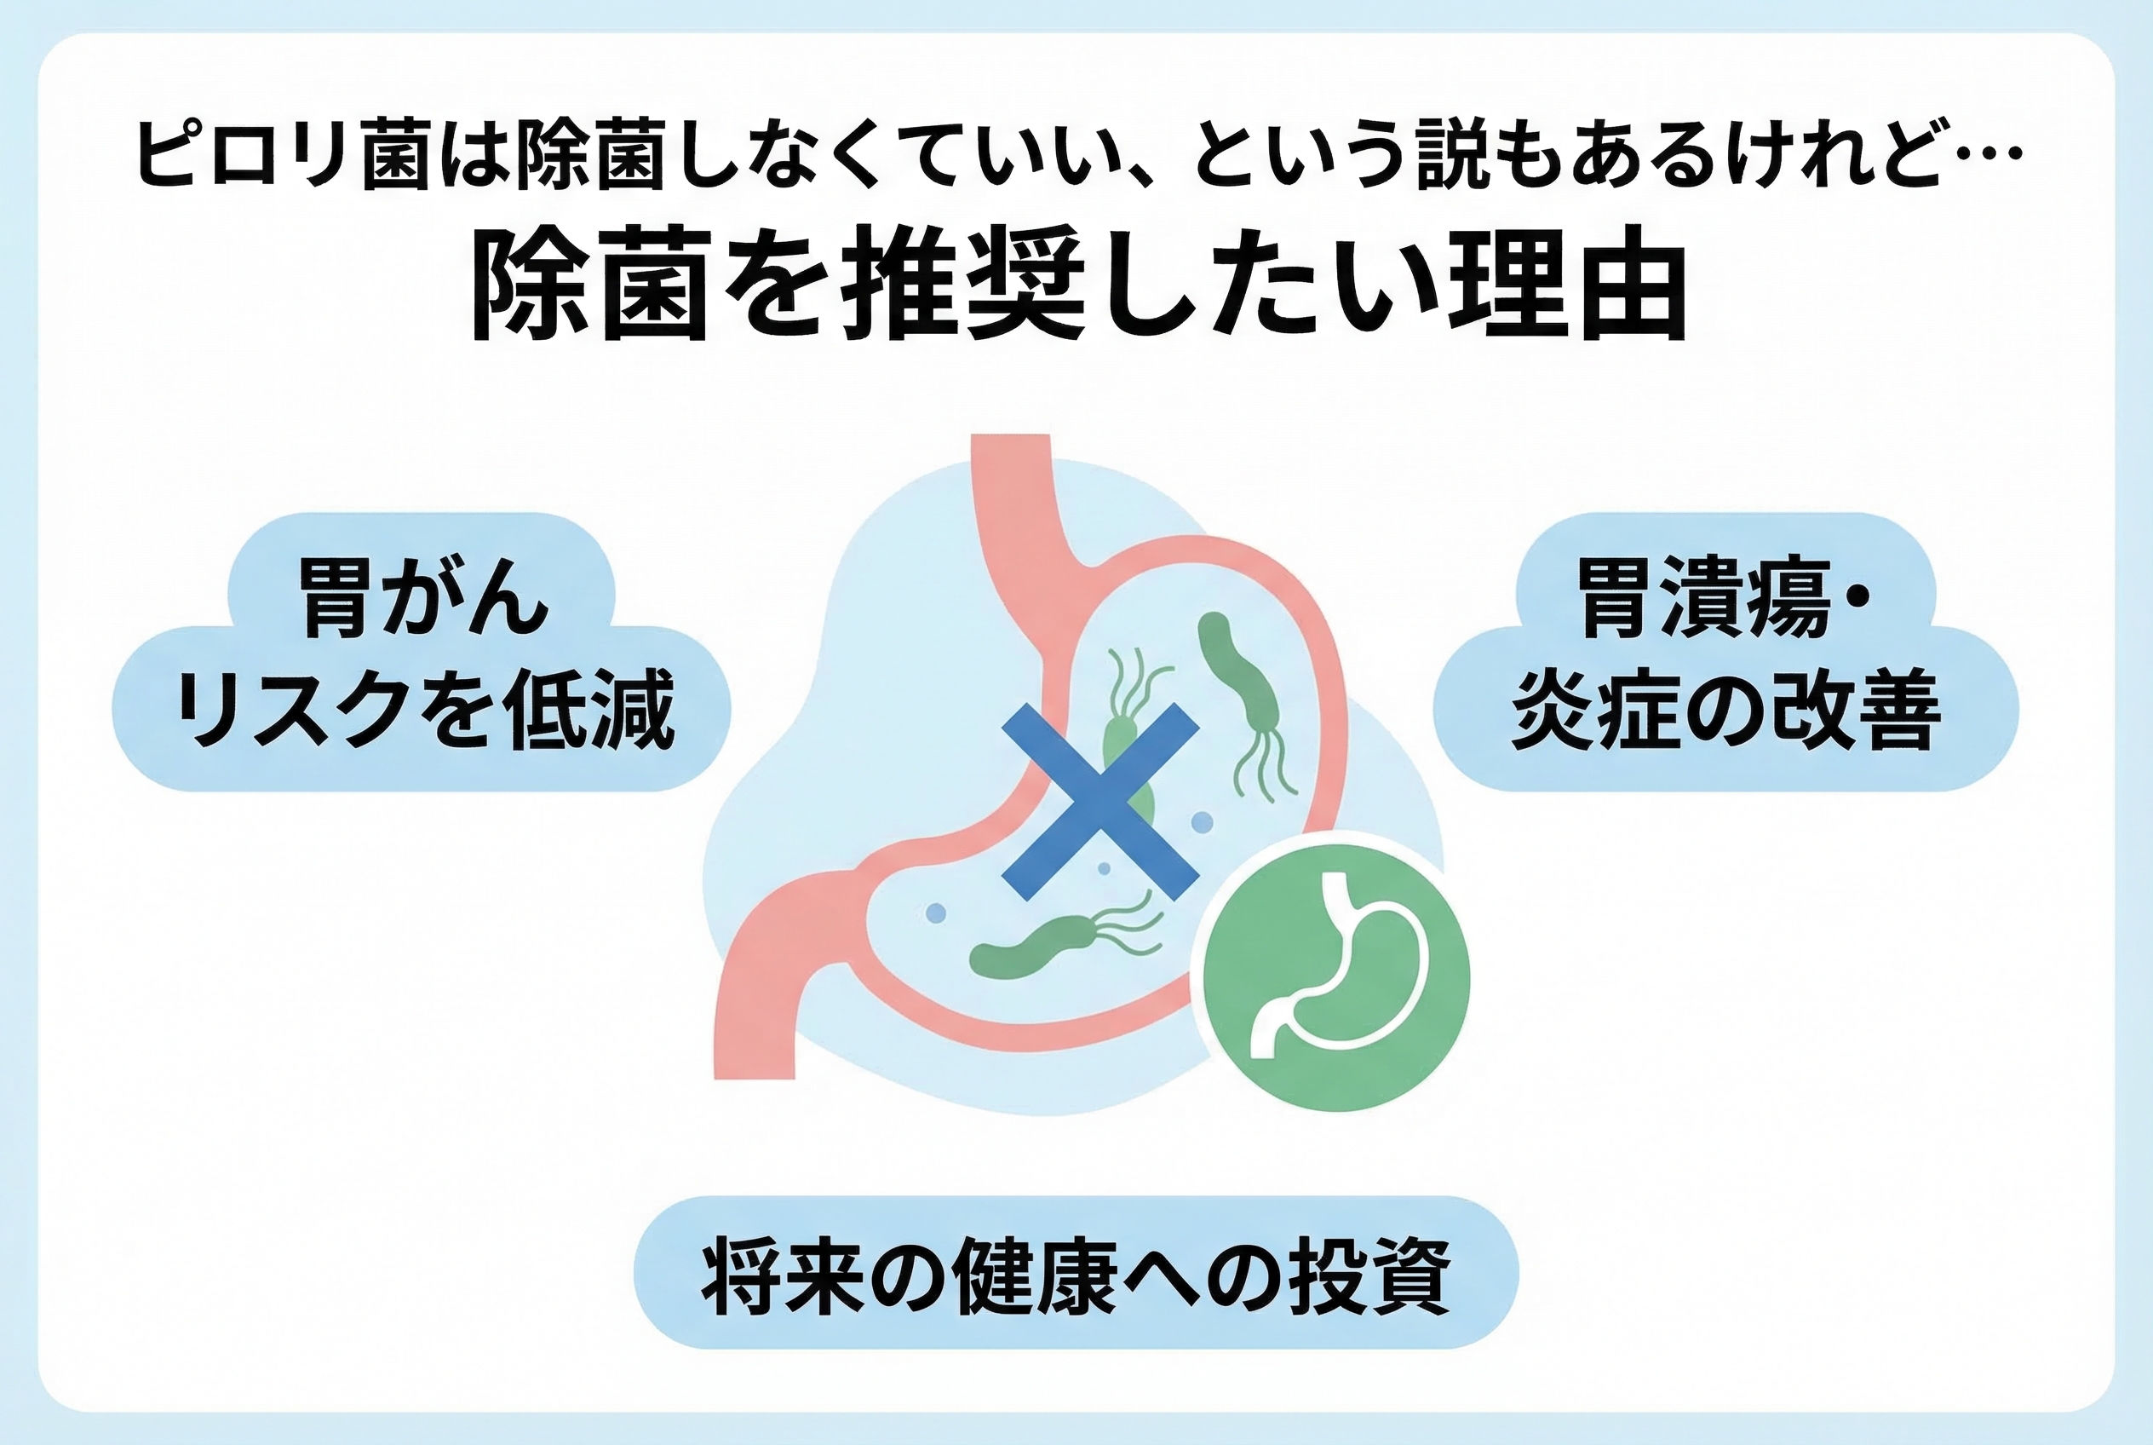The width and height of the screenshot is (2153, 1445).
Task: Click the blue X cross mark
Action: pyautogui.click(x=1099, y=801)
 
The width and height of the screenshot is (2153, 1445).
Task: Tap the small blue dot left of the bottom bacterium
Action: pyautogui.click(x=936, y=912)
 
